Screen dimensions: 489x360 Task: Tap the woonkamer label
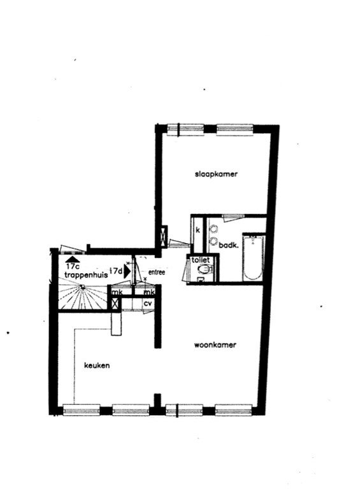tap(215, 345)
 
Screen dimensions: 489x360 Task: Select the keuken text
tap(97, 366)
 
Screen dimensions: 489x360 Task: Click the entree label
tap(157, 273)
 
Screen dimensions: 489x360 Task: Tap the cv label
tap(147, 303)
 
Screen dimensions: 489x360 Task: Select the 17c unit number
tap(71, 266)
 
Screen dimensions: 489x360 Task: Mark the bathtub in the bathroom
tap(252, 258)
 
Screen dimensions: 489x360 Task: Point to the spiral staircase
tap(83, 297)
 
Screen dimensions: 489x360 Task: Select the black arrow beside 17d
tap(127, 270)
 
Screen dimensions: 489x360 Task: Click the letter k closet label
tap(198, 229)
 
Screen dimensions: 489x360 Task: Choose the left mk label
tap(117, 292)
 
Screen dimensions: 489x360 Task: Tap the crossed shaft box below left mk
tap(115, 304)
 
